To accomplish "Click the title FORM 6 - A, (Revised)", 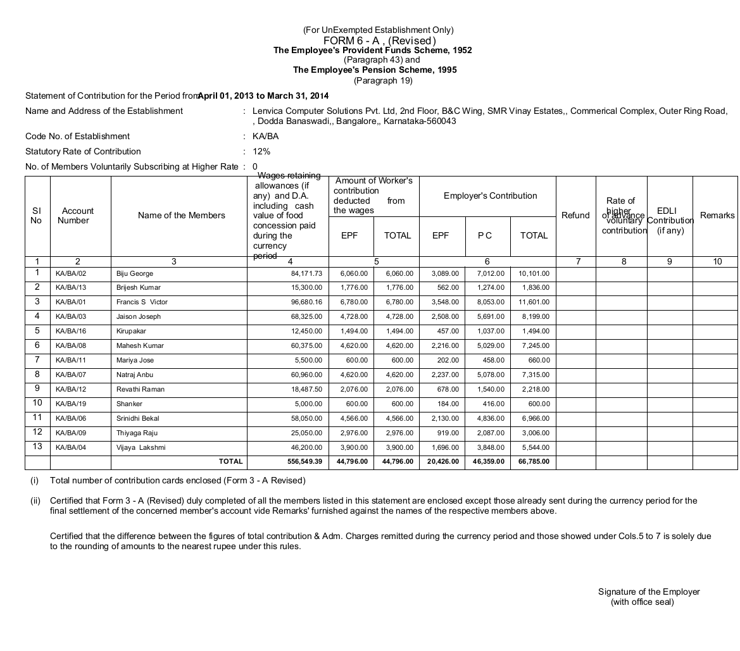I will tap(378, 40).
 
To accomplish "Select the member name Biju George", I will tap(135, 273).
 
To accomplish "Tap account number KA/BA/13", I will tap(71, 288).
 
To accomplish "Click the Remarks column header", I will tap(717, 216).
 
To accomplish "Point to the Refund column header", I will tap(575, 216).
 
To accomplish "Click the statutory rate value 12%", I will tap(261, 152).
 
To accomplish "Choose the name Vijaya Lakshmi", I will tap(141, 448).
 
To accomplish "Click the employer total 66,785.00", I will tap(534, 462).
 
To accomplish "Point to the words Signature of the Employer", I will tap(649, 592).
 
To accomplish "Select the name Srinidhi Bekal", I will tap(138, 419).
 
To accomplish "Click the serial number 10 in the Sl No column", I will tap(37, 403).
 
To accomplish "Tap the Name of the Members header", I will tap(181, 216).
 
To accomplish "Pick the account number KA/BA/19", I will tap(71, 404).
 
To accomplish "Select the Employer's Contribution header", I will tap(491, 196).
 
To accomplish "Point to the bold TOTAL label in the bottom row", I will tap(230, 462).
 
